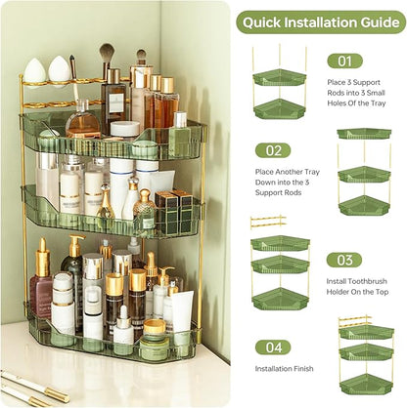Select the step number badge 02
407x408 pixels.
[x=273, y=150]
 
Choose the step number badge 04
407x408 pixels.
[x=273, y=347]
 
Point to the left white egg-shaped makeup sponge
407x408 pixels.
[x=35, y=69]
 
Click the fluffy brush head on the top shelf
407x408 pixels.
[x=106, y=51]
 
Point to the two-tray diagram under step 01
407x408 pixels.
[x=279, y=92]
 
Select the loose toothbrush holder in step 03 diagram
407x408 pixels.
[x=267, y=222]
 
